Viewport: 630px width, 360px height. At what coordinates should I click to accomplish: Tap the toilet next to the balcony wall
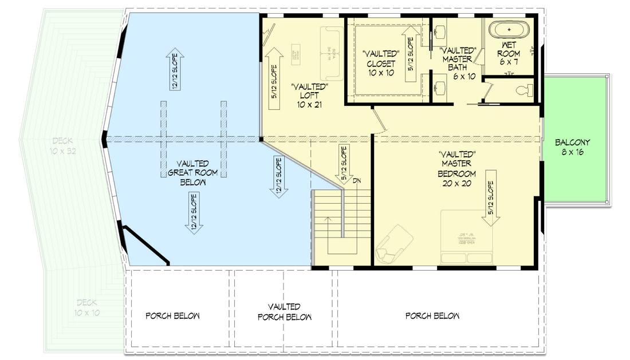click(x=524, y=90)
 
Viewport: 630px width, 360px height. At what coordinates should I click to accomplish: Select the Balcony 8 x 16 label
click(x=572, y=148)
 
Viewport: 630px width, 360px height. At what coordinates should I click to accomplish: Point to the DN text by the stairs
click(x=357, y=181)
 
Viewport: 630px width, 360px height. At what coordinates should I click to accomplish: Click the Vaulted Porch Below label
click(x=285, y=312)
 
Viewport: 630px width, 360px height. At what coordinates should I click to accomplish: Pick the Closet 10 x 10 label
click(x=381, y=64)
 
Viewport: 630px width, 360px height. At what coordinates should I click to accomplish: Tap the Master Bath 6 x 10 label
click(x=456, y=63)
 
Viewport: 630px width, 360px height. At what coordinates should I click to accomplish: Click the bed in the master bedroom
click(x=466, y=238)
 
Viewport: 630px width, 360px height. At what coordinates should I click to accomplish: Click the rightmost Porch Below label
click(x=432, y=316)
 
